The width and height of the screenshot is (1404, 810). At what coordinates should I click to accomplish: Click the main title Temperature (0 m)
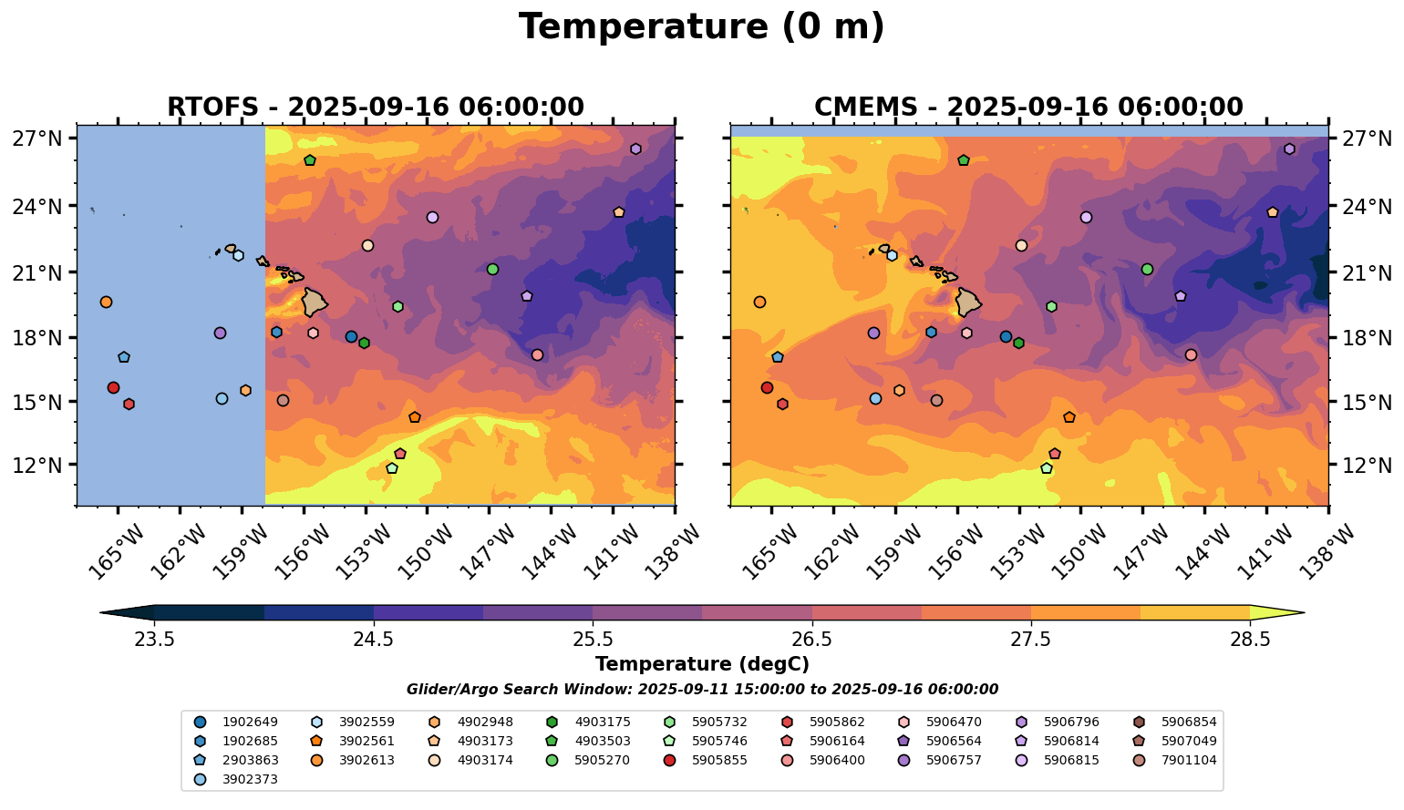(701, 27)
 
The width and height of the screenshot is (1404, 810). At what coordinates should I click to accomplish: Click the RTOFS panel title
(375, 108)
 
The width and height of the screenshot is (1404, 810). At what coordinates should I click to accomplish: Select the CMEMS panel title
(1028, 108)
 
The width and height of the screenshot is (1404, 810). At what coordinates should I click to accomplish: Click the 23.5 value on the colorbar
(154, 639)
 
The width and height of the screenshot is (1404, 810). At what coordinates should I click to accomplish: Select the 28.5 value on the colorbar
(1250, 639)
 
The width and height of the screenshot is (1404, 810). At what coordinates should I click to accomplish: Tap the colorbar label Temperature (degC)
(701, 664)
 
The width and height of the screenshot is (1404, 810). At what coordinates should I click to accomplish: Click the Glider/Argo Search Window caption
(701, 690)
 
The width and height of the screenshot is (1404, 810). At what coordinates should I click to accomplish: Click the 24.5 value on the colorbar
(373, 639)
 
